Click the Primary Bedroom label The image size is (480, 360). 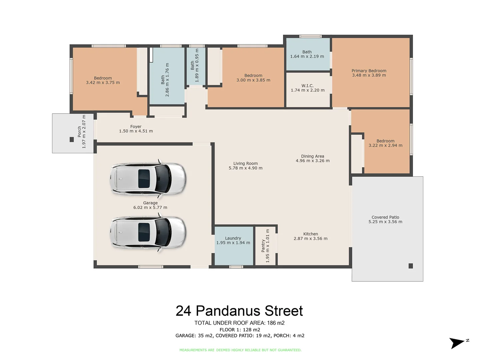coord(369,71)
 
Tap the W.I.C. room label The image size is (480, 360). coord(307,86)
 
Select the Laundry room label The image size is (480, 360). coord(233,238)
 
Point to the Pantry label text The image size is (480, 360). coord(263,246)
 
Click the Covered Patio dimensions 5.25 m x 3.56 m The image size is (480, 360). coord(385,222)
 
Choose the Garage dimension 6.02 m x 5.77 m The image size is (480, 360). coord(150,207)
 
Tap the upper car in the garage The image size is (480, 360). coord(148,179)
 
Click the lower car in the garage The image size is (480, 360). coord(148,232)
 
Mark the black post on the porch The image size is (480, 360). coord(72,139)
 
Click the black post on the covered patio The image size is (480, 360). coord(411,266)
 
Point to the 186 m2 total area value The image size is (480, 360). coord(276,323)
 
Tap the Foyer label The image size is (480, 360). coord(136,127)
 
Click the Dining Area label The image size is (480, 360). coord(312,156)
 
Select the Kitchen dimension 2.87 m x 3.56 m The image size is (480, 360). coord(310,239)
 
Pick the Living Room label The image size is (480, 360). coord(245,163)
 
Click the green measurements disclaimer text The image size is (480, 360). coord(240,350)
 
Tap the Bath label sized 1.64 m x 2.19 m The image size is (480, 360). coord(307,52)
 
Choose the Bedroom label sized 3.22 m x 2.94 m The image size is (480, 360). coord(385,141)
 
